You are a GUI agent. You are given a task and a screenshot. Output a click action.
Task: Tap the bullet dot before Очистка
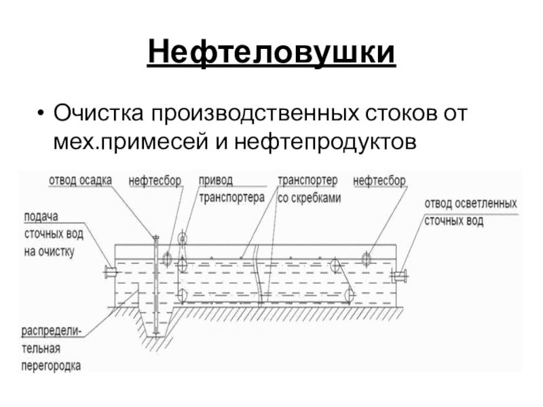click(x=41, y=111)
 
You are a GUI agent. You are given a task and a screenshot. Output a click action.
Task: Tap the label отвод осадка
click(x=80, y=180)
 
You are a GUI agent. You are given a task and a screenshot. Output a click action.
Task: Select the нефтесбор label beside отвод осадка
click(x=155, y=180)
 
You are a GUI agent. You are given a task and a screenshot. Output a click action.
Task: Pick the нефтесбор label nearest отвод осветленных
click(x=380, y=180)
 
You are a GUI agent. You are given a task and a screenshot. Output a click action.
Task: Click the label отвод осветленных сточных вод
click(x=470, y=212)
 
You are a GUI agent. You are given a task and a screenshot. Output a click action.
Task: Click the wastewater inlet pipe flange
click(x=109, y=273)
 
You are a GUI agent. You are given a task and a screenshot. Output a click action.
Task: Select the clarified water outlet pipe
click(x=400, y=275)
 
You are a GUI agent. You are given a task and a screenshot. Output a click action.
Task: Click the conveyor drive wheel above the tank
click(x=182, y=238)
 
